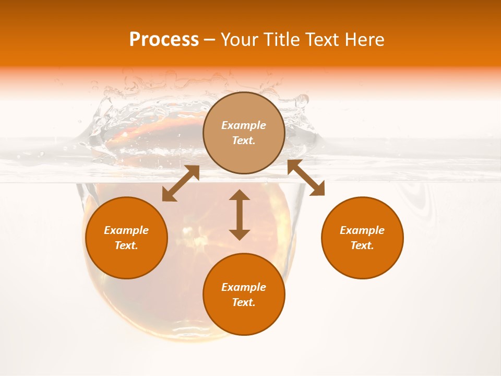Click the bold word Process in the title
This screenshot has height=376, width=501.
[x=164, y=40]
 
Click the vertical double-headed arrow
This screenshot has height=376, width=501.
[x=240, y=215]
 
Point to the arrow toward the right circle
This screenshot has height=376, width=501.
[x=306, y=178]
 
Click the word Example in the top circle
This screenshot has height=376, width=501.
[x=244, y=125]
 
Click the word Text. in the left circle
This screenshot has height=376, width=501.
[x=126, y=245]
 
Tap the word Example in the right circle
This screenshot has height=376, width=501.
[x=362, y=230]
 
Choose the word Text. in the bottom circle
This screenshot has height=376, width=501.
[x=244, y=302]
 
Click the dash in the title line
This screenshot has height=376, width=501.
[x=209, y=40]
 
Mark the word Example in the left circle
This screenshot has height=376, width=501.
[x=126, y=230]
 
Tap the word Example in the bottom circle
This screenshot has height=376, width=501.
[x=244, y=287]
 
